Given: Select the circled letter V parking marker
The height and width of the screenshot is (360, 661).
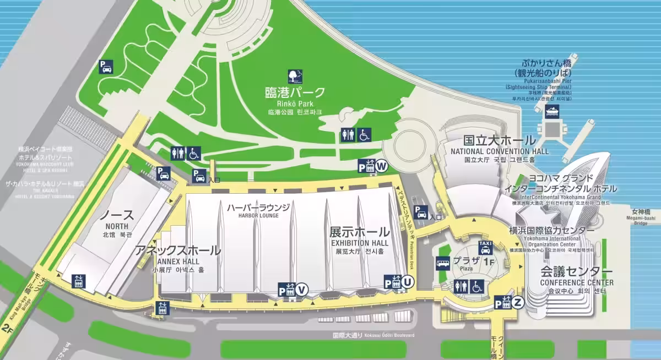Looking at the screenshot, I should (x=301, y=290).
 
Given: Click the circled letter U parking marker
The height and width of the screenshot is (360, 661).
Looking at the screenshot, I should (x=407, y=282).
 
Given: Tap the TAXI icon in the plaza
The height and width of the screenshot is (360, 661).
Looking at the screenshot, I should (x=485, y=247).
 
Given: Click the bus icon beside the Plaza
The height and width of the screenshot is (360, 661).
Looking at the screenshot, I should (x=443, y=263).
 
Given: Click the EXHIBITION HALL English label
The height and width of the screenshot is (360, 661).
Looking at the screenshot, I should (x=359, y=243).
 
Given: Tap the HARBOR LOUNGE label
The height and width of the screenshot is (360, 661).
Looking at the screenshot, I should (x=258, y=215).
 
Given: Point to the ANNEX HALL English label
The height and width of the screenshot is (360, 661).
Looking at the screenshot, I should (x=178, y=261).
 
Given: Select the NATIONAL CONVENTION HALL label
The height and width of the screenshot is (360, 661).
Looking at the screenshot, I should (x=500, y=151).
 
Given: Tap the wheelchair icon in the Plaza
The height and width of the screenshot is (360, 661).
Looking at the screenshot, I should (x=476, y=286).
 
